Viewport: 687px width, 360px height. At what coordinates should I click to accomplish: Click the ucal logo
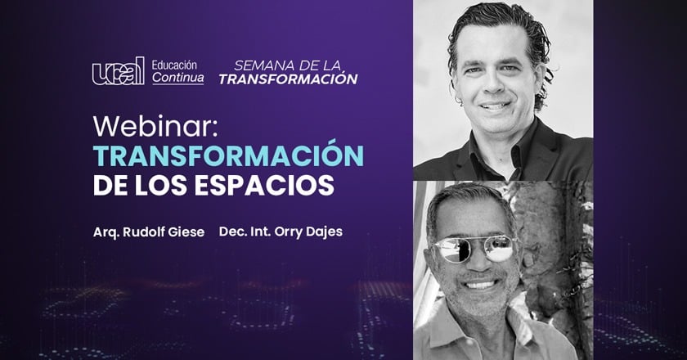click(x=118, y=71)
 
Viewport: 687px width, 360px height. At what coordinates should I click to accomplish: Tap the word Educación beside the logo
click(x=174, y=65)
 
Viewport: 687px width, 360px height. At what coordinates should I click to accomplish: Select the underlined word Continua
click(x=178, y=78)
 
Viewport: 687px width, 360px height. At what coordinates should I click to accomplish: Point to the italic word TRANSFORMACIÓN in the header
click(x=288, y=79)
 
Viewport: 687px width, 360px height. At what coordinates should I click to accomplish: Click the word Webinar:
click(x=155, y=126)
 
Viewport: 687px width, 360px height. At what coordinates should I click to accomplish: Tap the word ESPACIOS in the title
click(x=264, y=185)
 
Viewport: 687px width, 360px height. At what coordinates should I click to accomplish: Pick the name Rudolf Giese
click(x=164, y=232)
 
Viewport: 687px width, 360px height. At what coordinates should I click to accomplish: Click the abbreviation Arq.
click(x=106, y=232)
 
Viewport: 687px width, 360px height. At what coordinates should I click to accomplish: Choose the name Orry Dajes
click(x=308, y=232)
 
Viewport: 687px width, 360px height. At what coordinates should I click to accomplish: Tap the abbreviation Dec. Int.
click(x=245, y=232)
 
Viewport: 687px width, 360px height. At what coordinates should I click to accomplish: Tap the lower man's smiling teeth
click(x=480, y=285)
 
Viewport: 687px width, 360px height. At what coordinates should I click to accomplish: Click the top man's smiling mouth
click(x=494, y=106)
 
